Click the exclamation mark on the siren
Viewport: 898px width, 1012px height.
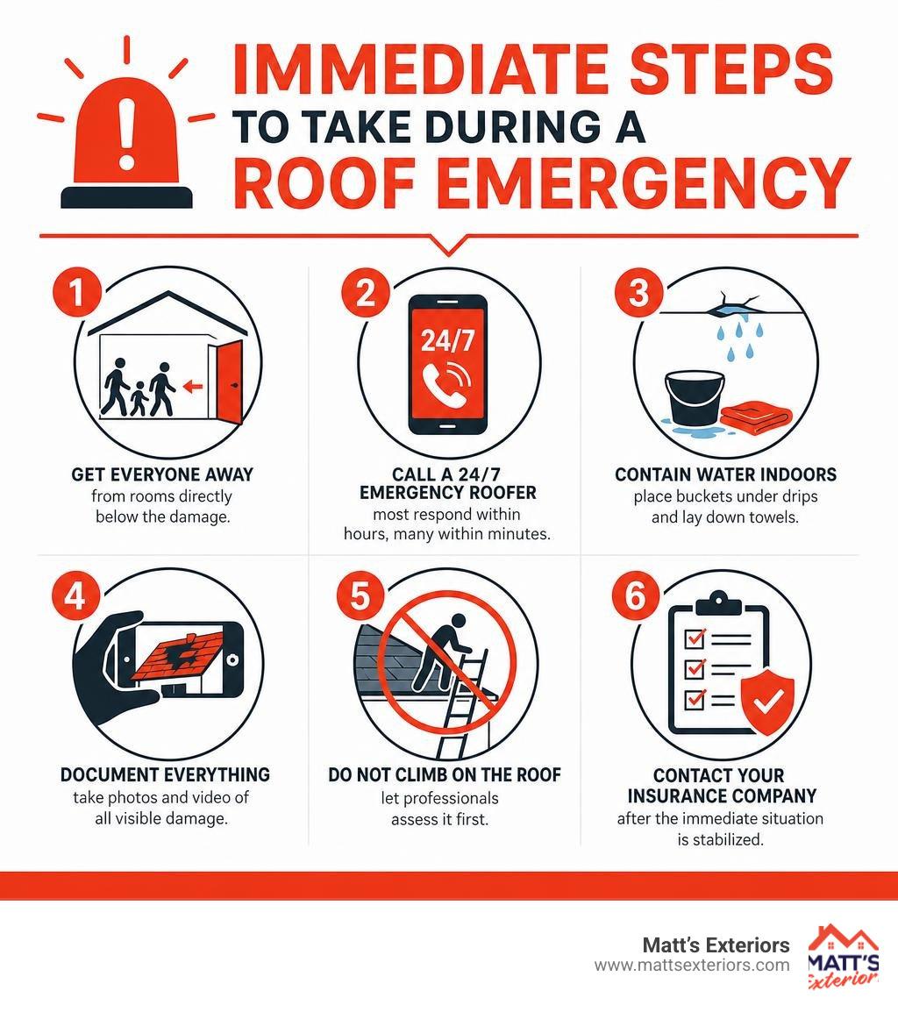tap(127, 132)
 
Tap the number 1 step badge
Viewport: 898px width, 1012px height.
tap(77, 292)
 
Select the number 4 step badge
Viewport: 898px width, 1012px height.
tap(75, 595)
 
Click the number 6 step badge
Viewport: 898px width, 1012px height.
tap(635, 595)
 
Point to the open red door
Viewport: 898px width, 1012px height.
tap(229, 381)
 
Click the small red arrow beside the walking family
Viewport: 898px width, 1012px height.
tap(193, 387)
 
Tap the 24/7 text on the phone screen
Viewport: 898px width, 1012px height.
tap(447, 339)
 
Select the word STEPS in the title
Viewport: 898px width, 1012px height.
tap(733, 69)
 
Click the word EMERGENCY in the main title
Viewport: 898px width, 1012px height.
tap(643, 182)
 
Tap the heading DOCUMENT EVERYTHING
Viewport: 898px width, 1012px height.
tap(165, 774)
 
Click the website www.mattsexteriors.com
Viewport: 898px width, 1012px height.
tap(692, 966)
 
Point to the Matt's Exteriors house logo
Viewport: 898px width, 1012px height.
tap(843, 957)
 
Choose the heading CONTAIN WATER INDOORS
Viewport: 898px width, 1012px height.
tap(725, 475)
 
